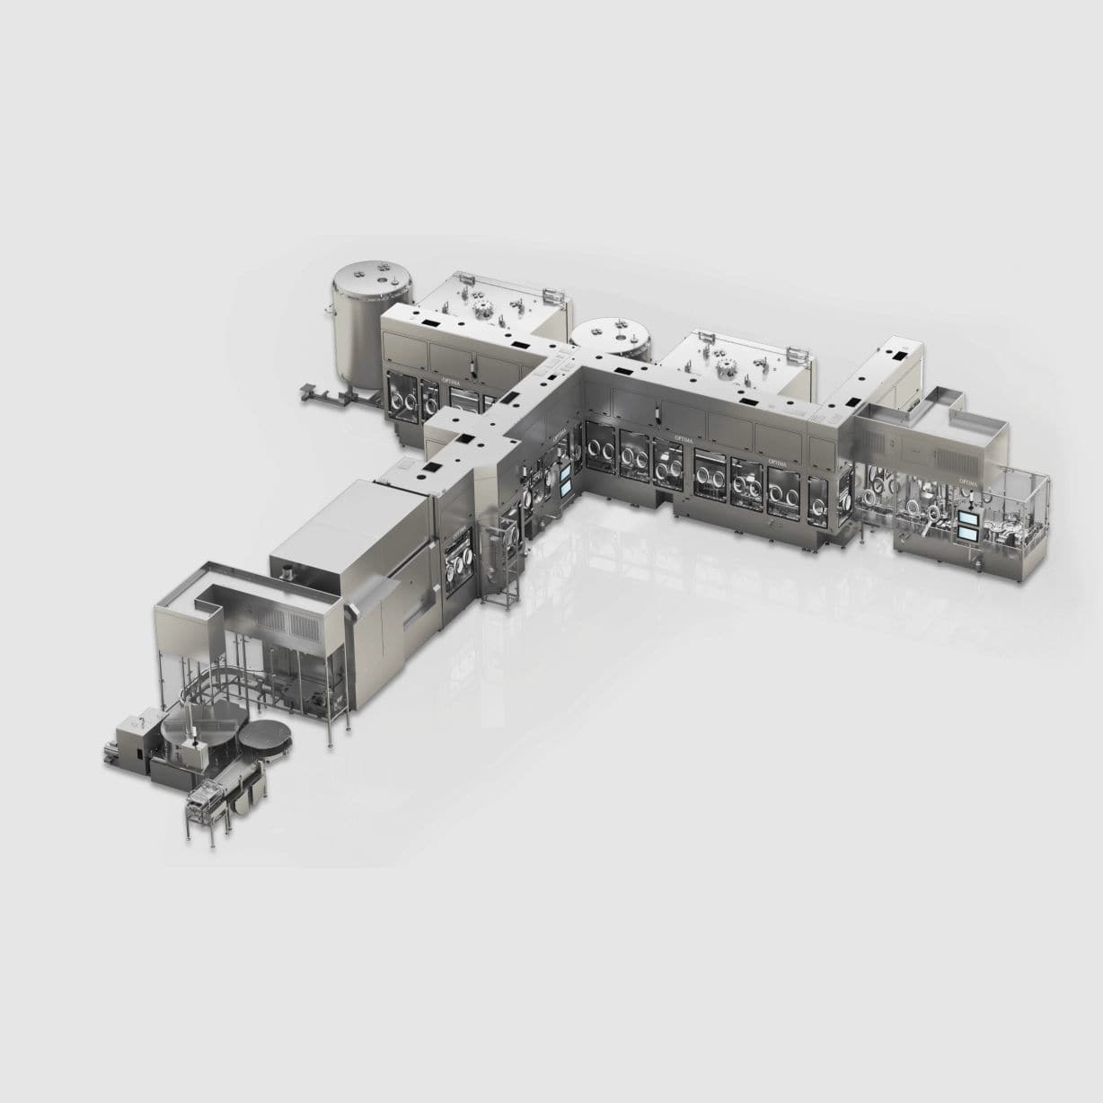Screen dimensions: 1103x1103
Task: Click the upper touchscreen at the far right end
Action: (969, 517)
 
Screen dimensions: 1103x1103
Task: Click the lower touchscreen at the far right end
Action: (969, 534)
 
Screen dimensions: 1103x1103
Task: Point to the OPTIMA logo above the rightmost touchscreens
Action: (967, 482)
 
